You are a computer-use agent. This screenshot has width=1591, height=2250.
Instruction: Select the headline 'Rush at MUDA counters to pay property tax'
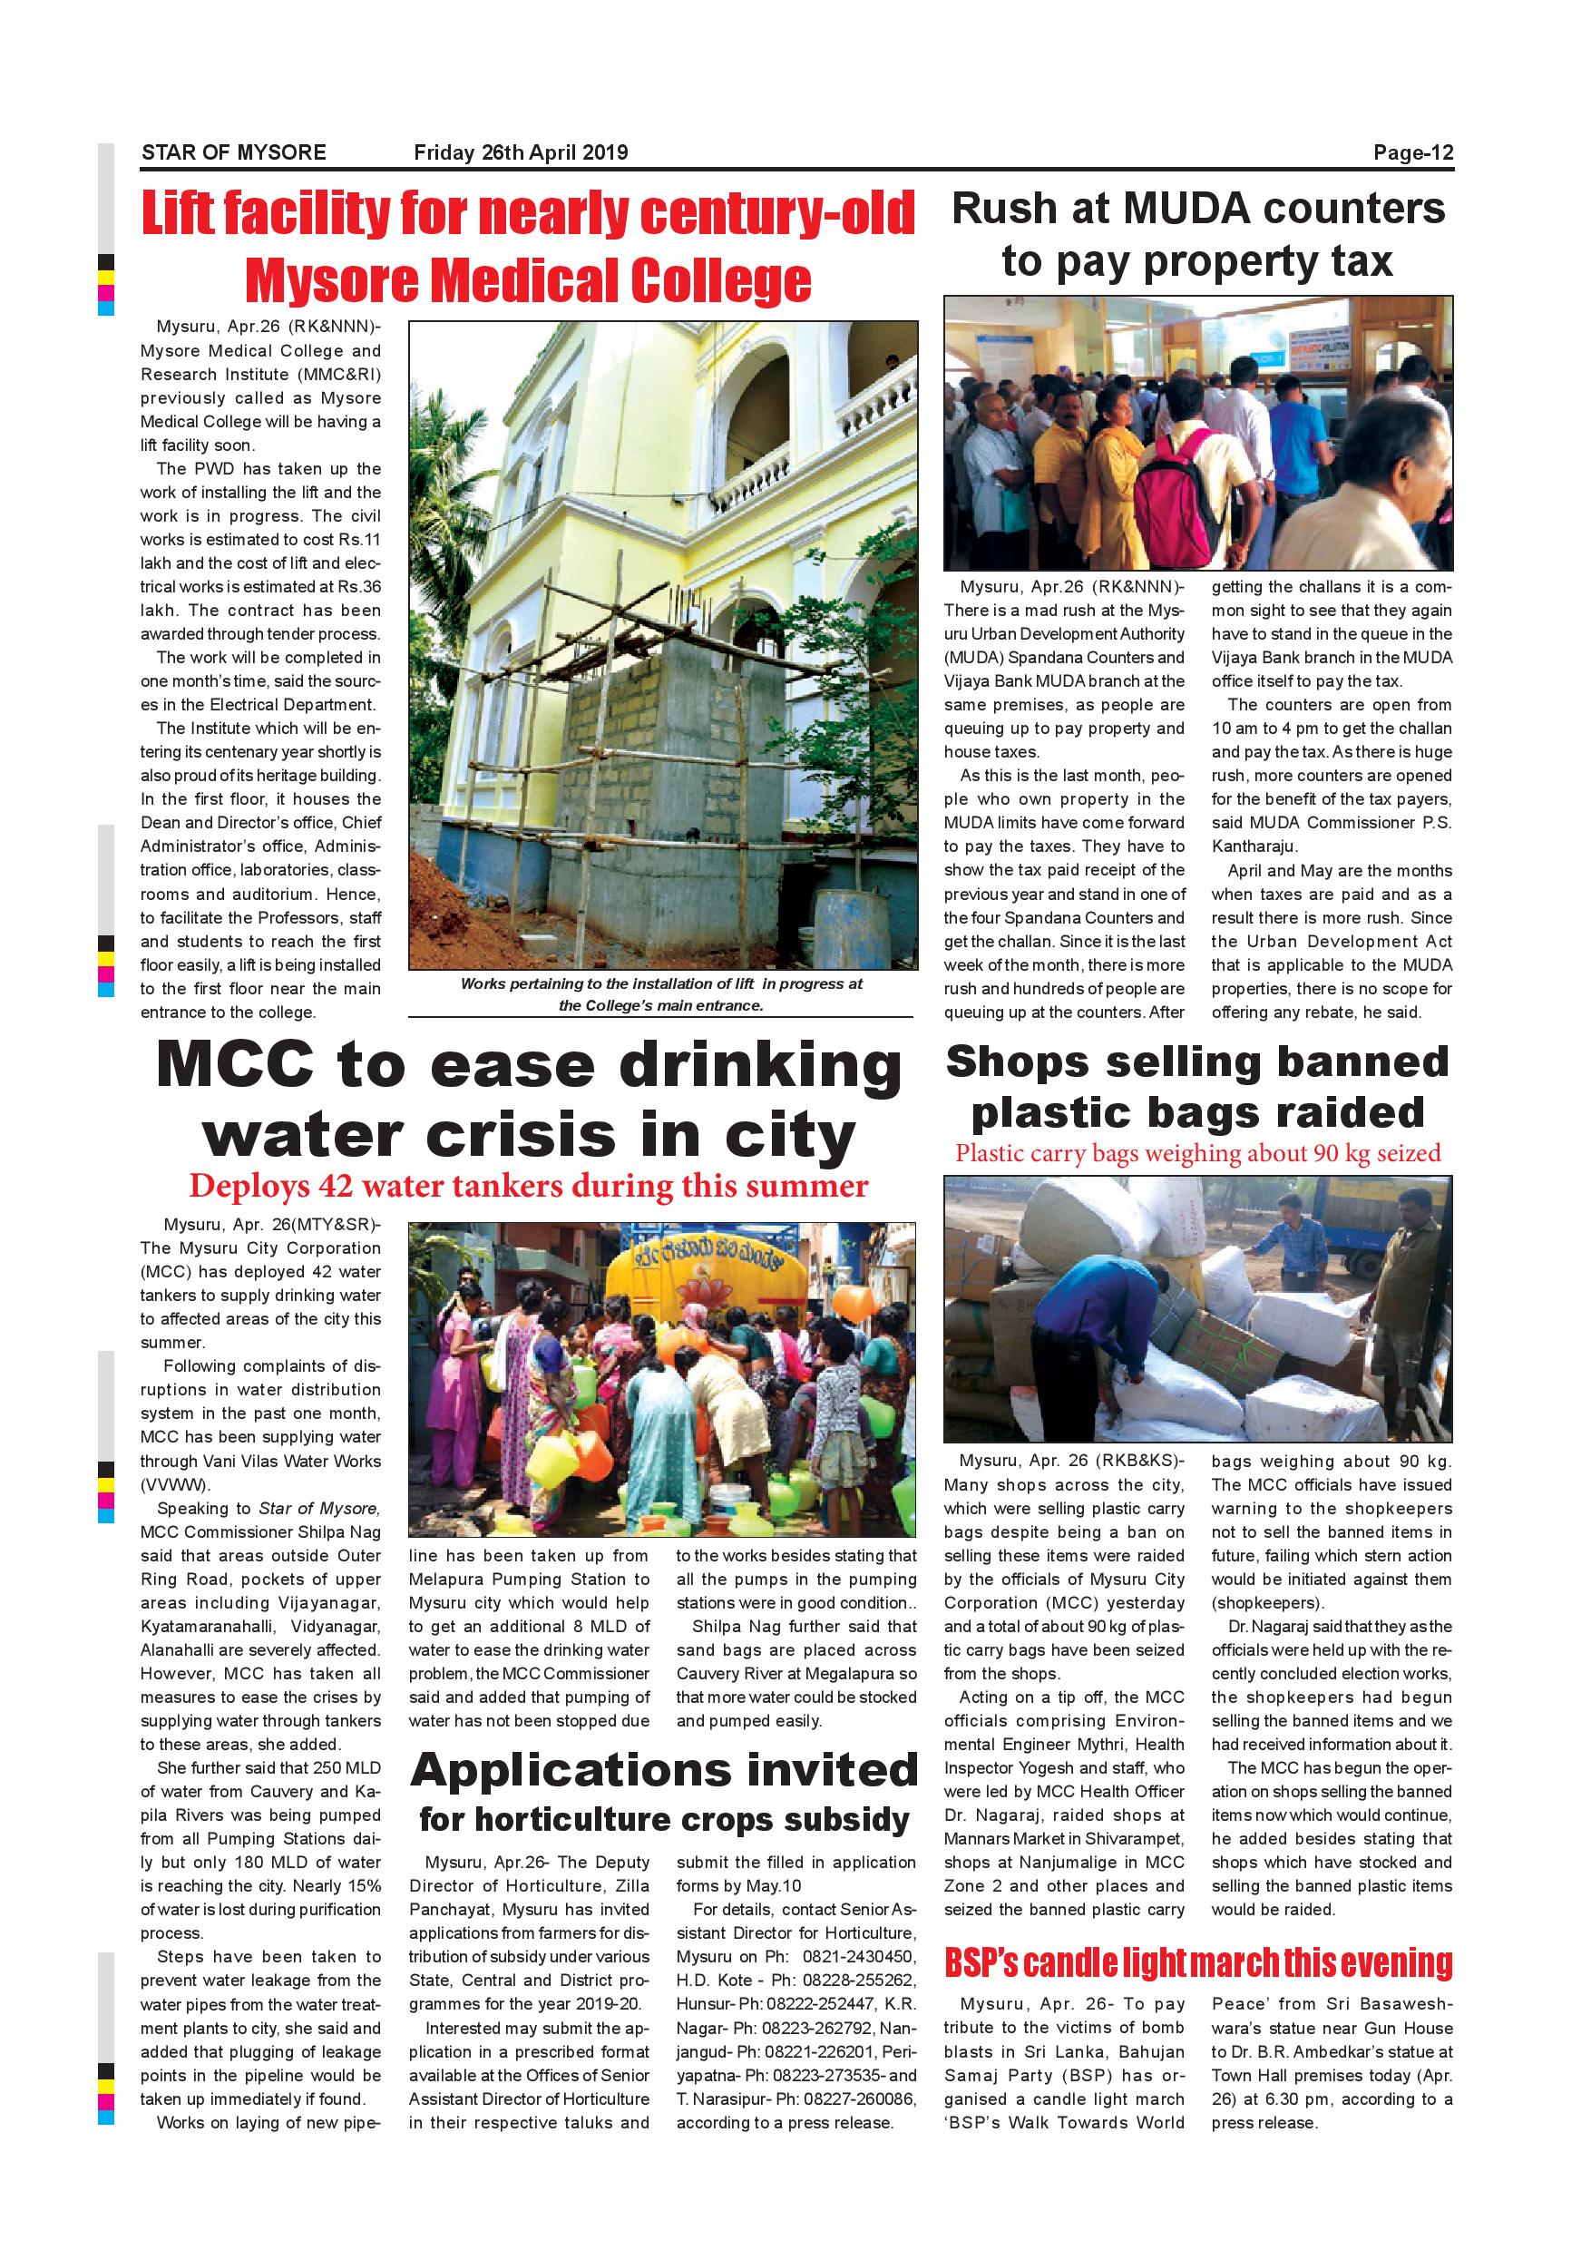click(1197, 235)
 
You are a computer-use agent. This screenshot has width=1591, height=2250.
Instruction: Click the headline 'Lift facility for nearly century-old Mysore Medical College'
click(528, 246)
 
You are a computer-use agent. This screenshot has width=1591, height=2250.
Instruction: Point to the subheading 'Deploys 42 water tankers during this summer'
click(528, 1186)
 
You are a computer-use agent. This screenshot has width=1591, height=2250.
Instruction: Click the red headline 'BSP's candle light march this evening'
click(1198, 1964)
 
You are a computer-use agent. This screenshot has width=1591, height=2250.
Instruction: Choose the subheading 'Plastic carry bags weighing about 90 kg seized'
click(1197, 1153)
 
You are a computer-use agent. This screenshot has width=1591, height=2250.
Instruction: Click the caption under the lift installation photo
click(661, 993)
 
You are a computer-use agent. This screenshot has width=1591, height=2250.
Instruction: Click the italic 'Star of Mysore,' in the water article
click(318, 1508)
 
